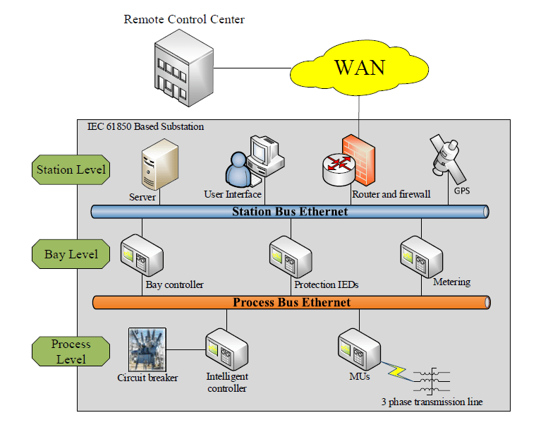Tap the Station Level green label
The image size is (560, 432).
tap(71, 169)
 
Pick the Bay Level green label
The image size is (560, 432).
tap(71, 254)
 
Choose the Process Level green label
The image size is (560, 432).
tap(71, 352)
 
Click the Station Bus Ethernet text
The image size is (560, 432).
tap(290, 211)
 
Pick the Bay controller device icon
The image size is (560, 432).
tap(142, 256)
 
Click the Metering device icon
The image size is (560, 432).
tap(421, 256)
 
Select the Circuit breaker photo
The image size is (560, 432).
tap(147, 349)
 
